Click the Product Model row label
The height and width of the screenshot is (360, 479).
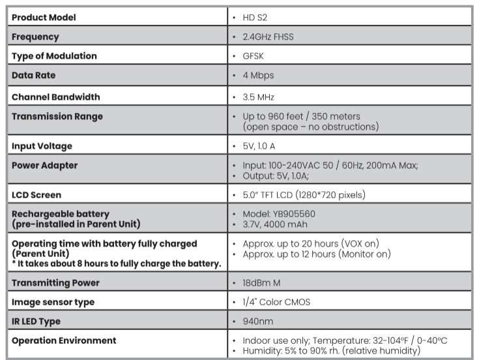click(44, 17)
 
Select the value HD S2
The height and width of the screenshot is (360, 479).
click(255, 18)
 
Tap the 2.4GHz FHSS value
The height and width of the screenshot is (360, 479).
click(267, 37)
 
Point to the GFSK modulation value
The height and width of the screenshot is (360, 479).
click(253, 56)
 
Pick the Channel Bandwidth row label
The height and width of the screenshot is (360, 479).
click(56, 97)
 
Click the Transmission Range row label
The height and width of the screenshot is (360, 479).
click(57, 117)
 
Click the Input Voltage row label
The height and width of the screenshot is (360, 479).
click(42, 145)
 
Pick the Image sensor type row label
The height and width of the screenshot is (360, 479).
click(53, 302)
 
